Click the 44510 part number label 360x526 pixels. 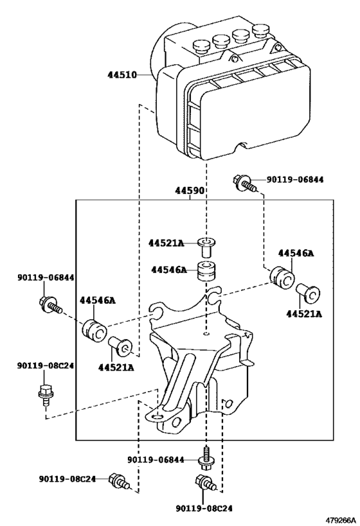tap(122, 75)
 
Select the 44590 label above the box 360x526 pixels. tap(190, 191)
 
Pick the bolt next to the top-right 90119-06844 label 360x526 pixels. tap(246, 183)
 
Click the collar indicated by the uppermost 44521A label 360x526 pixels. tap(206, 247)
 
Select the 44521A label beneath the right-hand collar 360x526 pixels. tap(304, 314)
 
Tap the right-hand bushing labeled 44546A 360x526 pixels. tap(282, 276)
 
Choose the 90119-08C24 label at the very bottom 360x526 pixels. tap(204, 509)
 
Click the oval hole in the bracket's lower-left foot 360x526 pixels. tap(156, 417)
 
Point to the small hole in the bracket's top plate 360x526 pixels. tap(207, 333)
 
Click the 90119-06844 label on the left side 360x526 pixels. tap(46, 277)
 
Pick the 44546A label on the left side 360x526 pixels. tap(97, 301)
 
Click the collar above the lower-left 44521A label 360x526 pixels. tap(120, 347)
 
